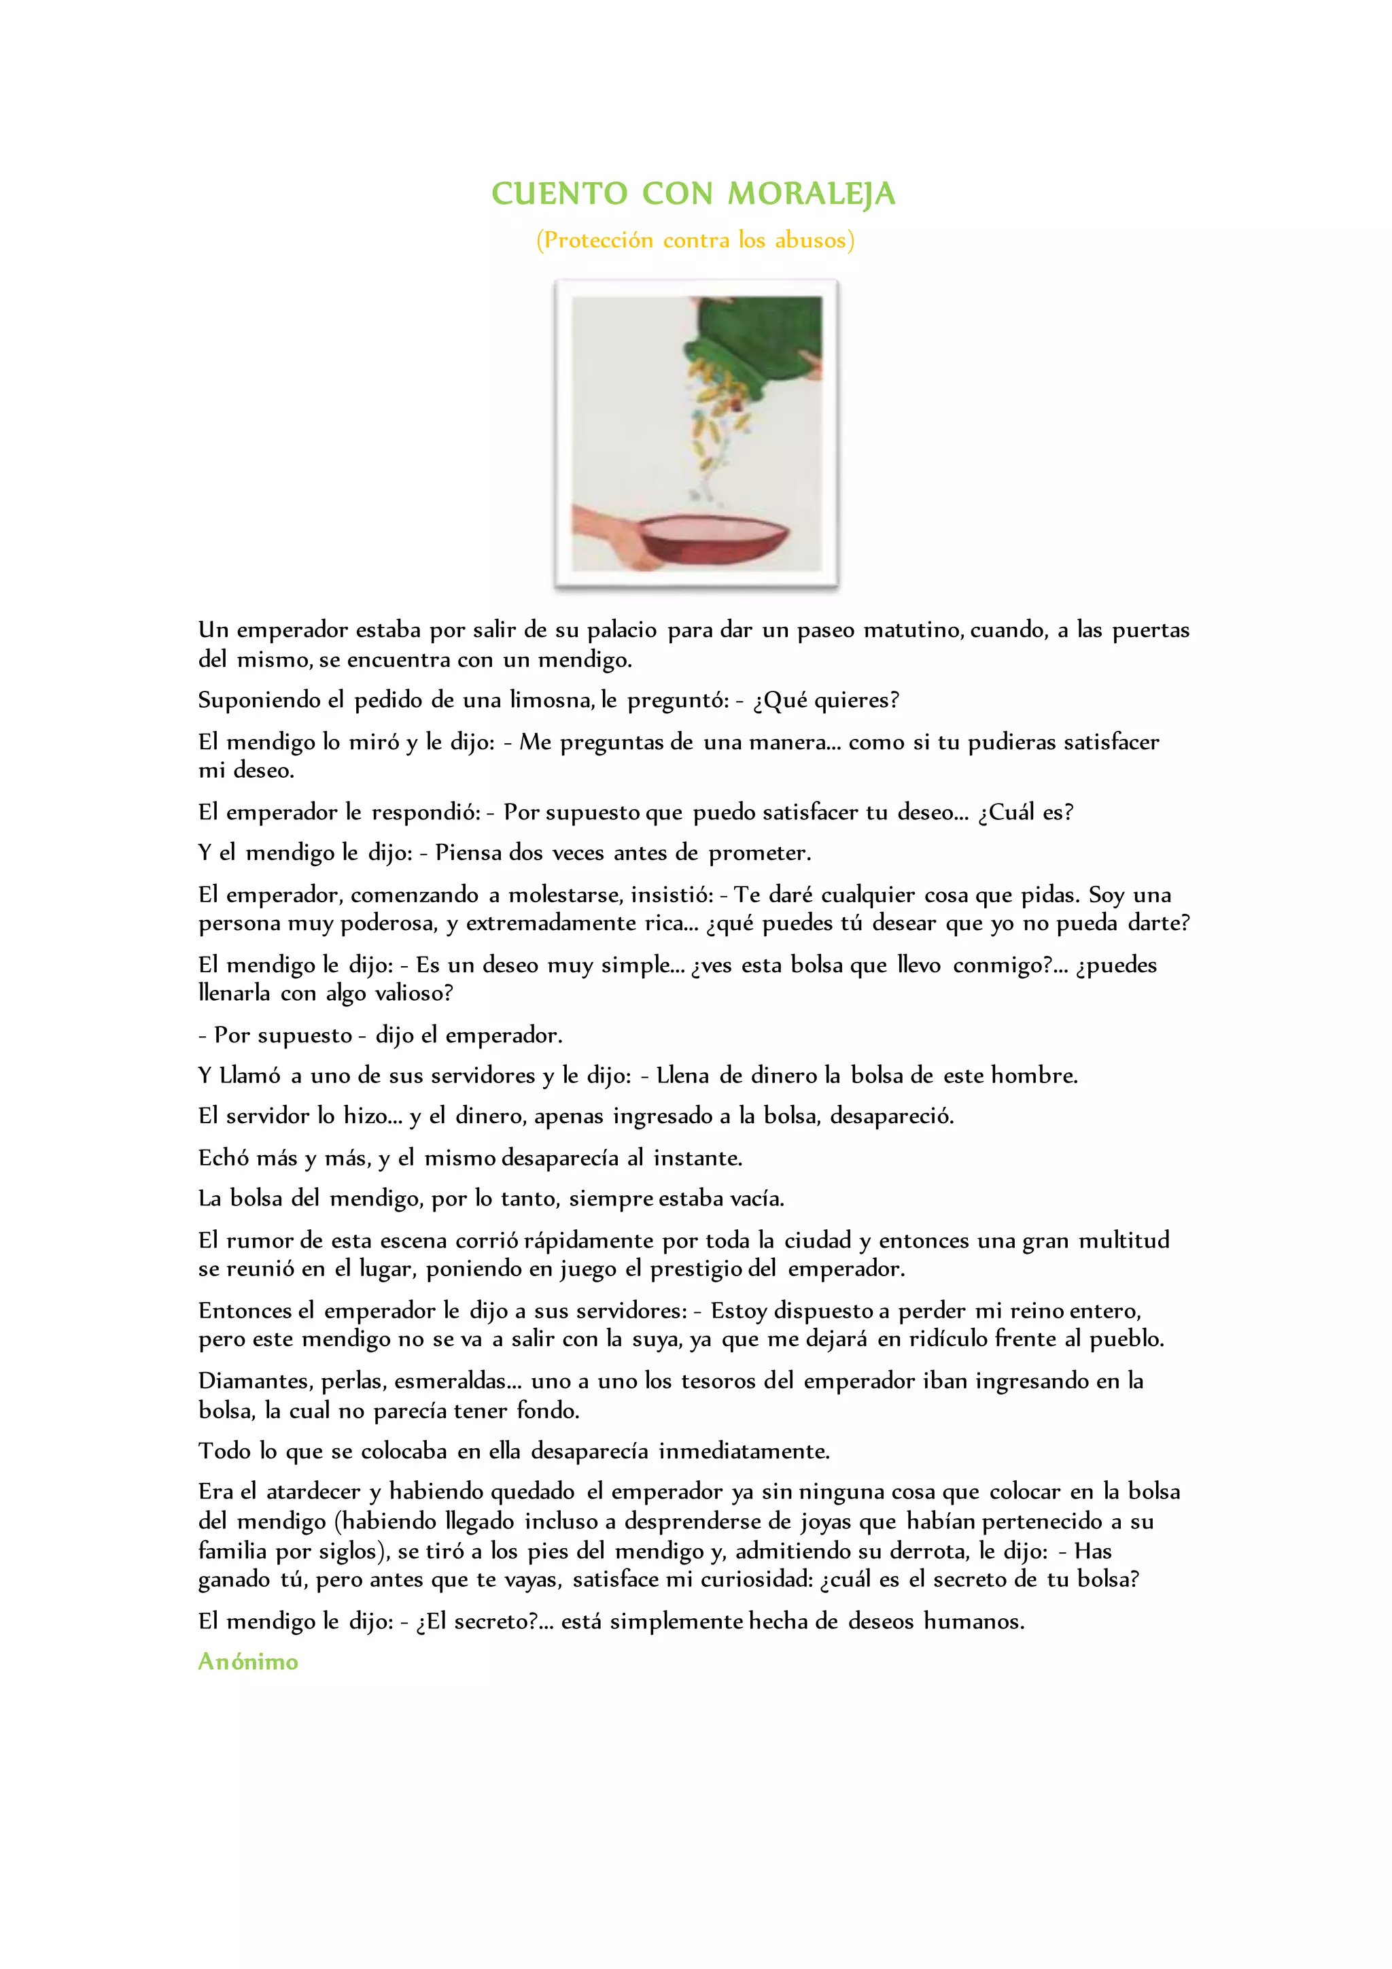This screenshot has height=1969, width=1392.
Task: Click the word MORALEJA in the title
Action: [811, 194]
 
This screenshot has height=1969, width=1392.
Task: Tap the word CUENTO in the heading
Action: [559, 194]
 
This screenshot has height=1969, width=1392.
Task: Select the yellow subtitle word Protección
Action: [598, 240]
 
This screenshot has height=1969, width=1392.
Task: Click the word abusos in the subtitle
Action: [811, 240]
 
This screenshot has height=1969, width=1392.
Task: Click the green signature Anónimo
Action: [247, 1662]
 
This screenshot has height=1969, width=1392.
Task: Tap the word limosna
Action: [548, 701]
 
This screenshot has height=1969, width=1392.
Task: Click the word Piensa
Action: [468, 853]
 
